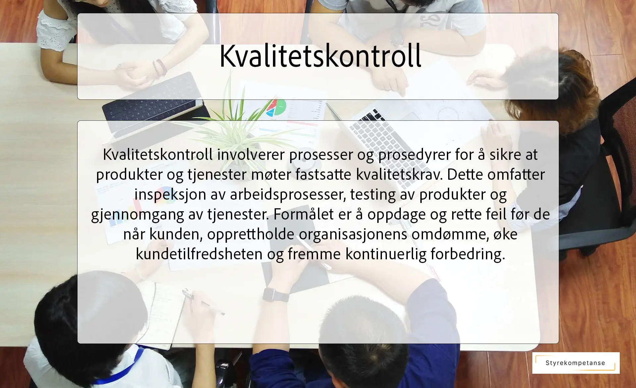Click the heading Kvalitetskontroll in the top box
[x=320, y=56]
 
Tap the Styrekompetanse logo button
[x=576, y=363]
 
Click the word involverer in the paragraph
[x=251, y=155]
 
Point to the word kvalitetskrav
[x=399, y=174]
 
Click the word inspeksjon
[x=170, y=194]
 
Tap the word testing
[x=373, y=194]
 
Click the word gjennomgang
[x=137, y=214]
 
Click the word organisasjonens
[x=353, y=234]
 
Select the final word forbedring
[x=467, y=254]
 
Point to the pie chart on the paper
[x=276, y=107]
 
